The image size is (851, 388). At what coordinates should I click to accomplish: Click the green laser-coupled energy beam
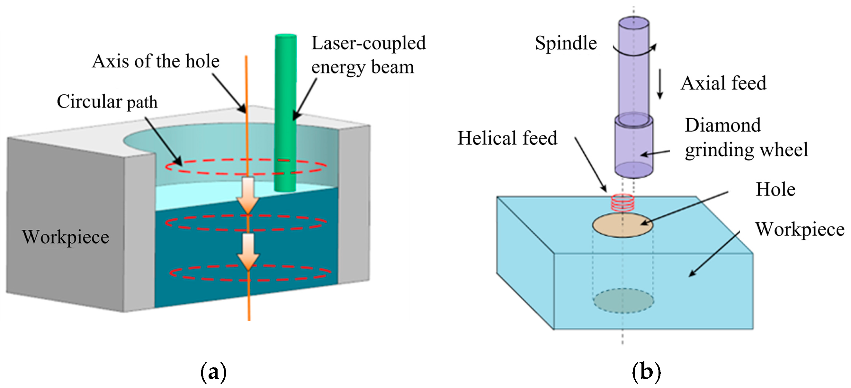click(285, 113)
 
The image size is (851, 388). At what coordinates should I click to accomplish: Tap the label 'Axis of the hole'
click(156, 61)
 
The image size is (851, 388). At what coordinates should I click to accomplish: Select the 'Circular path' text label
click(107, 101)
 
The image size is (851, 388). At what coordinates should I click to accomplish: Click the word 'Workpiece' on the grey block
click(66, 237)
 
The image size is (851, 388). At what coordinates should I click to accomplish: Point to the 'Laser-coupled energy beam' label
click(368, 55)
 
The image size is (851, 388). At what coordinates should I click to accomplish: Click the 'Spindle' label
click(566, 43)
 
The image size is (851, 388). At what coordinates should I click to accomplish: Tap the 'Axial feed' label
click(723, 83)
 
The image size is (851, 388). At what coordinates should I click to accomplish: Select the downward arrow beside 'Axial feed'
click(660, 84)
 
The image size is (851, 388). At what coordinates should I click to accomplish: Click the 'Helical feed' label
click(507, 138)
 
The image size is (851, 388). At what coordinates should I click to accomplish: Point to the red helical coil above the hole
click(623, 203)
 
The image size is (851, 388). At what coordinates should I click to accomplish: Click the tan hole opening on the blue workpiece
click(623, 225)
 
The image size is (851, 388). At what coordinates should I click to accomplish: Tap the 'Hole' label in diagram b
click(775, 189)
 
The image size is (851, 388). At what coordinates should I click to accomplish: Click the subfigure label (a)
click(213, 372)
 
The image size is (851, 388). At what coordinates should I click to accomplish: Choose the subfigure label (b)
click(646, 372)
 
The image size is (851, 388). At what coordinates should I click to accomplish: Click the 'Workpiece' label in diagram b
click(800, 229)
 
